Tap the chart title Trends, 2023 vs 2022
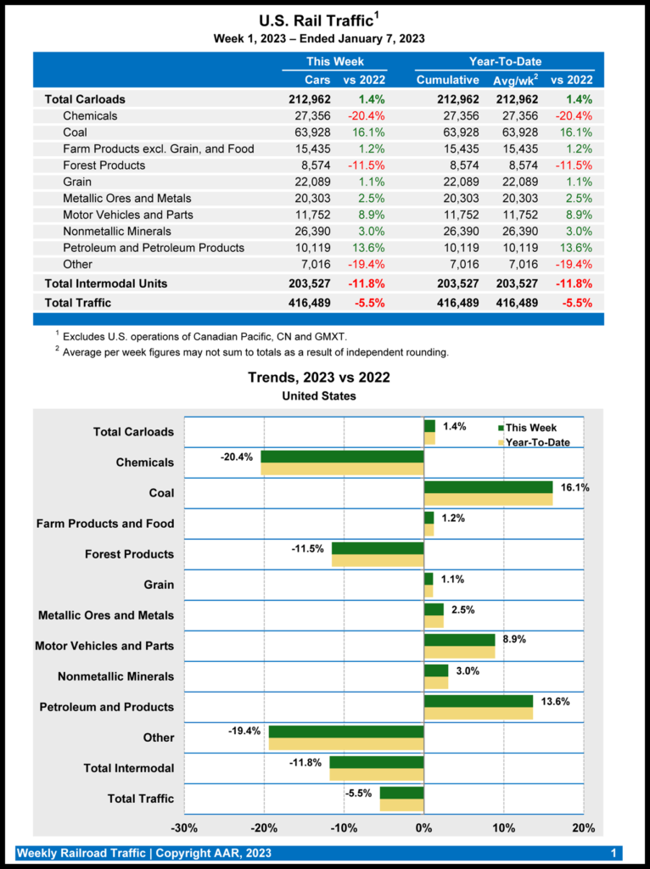[x=318, y=378]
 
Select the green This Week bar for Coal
[x=488, y=487]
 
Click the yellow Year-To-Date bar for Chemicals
[x=342, y=468]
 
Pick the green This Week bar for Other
[x=346, y=732]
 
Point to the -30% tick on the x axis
[x=185, y=828]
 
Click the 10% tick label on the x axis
[x=503, y=828]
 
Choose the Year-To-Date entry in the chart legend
[x=537, y=442]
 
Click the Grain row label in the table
[x=77, y=182]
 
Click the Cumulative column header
[x=447, y=80]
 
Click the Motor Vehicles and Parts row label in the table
[x=127, y=215]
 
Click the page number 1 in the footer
[x=614, y=853]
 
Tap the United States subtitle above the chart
[x=318, y=395]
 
